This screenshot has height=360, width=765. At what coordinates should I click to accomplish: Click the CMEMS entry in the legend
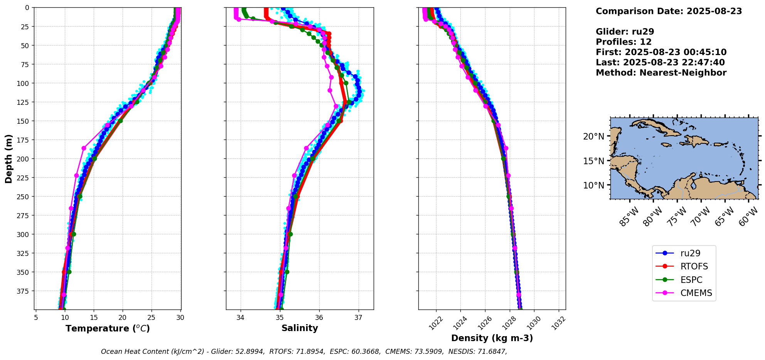[x=696, y=293]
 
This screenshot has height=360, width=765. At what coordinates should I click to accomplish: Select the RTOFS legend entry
[x=694, y=266]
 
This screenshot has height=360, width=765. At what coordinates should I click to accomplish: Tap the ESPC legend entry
[x=691, y=280]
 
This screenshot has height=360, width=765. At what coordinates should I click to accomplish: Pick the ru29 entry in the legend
[x=690, y=253]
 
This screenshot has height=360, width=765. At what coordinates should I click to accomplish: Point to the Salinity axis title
[x=300, y=328]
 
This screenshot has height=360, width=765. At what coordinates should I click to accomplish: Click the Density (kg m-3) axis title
[x=492, y=338]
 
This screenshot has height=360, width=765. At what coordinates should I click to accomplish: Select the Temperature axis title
[x=108, y=328]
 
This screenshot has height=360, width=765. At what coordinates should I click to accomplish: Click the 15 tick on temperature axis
[x=94, y=318]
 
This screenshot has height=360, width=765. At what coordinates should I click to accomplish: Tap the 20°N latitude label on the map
[x=593, y=136]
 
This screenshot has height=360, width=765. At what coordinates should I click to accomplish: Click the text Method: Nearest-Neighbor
[x=661, y=72]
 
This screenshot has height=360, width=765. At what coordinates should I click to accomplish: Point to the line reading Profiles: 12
[x=623, y=42]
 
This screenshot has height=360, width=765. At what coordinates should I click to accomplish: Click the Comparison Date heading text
[x=669, y=11]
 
